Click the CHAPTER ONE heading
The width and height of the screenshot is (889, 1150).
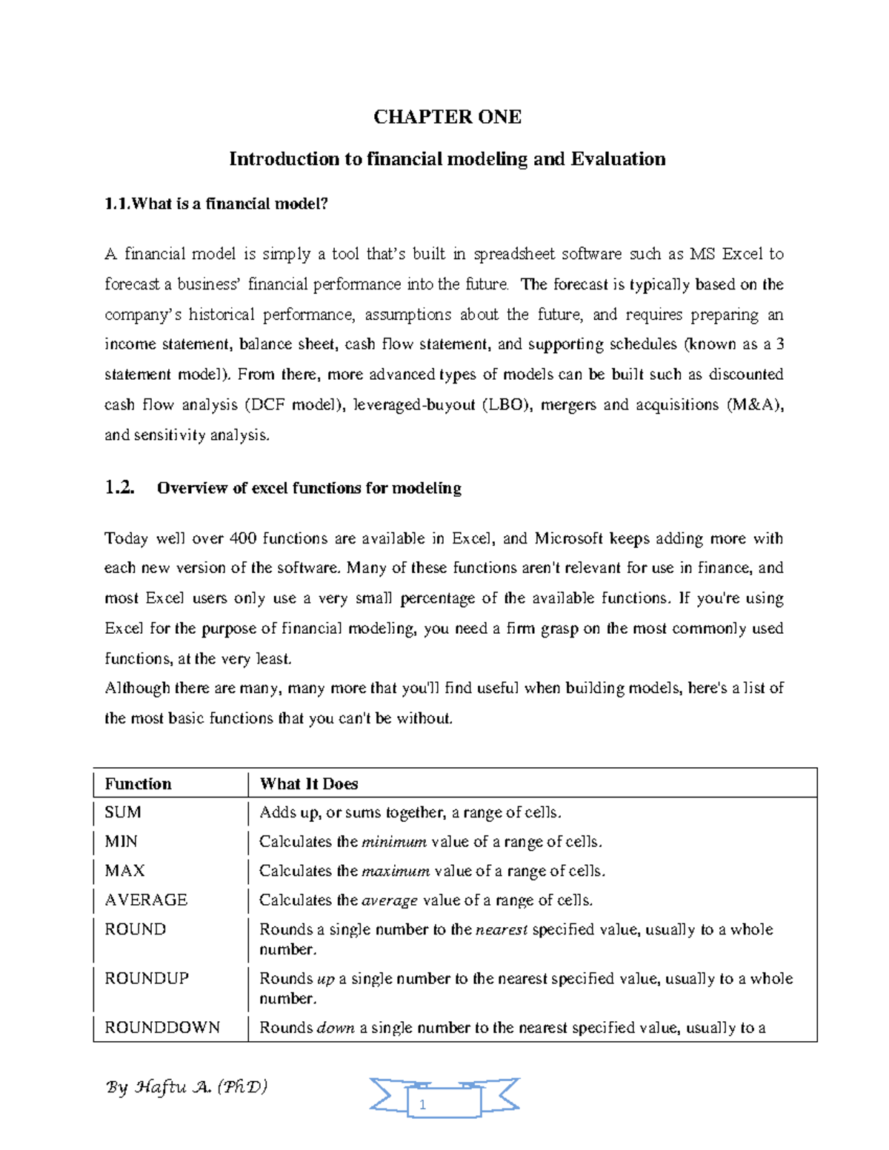pyautogui.click(x=447, y=117)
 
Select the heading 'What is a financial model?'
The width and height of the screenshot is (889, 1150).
pyautogui.click(x=229, y=204)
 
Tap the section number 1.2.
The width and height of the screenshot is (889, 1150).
pyautogui.click(x=119, y=488)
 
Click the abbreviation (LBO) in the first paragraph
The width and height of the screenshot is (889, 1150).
pyautogui.click(x=506, y=405)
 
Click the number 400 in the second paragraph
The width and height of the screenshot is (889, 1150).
pyautogui.click(x=243, y=538)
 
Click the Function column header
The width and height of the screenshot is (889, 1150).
pyautogui.click(x=138, y=784)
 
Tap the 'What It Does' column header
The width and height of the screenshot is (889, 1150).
pyautogui.click(x=309, y=784)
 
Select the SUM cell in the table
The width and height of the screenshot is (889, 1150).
pyautogui.click(x=123, y=812)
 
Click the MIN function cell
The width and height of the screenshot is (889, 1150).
pyautogui.click(x=121, y=842)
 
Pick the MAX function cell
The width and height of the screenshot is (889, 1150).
pyautogui.click(x=124, y=871)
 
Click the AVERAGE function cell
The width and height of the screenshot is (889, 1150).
pyautogui.click(x=146, y=900)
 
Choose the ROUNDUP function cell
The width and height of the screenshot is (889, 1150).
pyautogui.click(x=147, y=979)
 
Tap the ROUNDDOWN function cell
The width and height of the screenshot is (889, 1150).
pyautogui.click(x=162, y=1028)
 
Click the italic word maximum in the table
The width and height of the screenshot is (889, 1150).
pyautogui.click(x=395, y=872)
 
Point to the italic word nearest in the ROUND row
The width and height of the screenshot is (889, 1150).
pyautogui.click(x=502, y=930)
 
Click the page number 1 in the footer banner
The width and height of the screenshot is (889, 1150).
pyautogui.click(x=422, y=1105)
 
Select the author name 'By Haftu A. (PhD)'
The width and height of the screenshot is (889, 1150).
pyautogui.click(x=187, y=1087)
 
